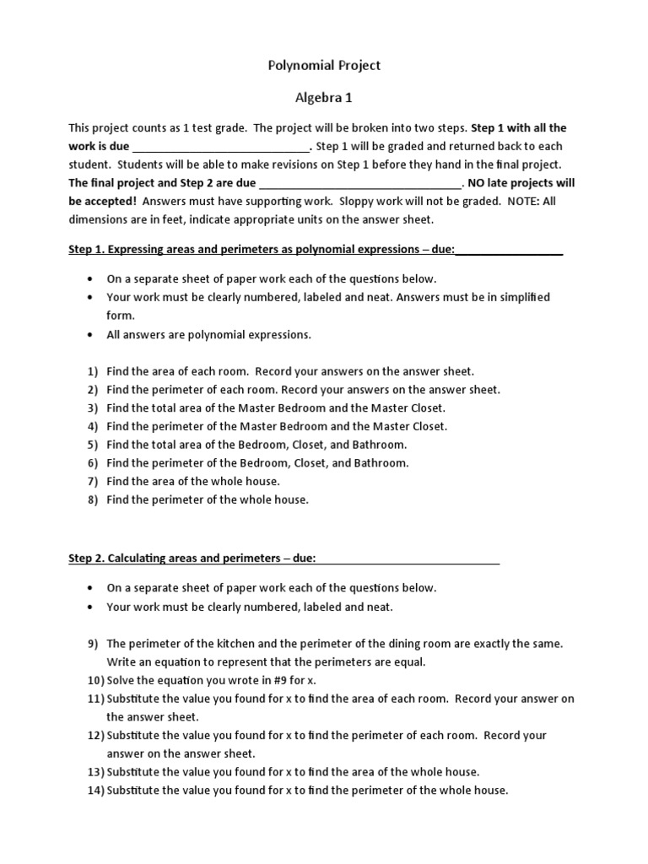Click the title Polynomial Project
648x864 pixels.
(324, 65)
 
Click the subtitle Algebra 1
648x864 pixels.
(324, 98)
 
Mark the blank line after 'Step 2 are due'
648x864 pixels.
(360, 183)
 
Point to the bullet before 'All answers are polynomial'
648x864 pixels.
(90, 335)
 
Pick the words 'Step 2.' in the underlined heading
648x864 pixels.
(85, 559)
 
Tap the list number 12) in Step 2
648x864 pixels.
(94, 736)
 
